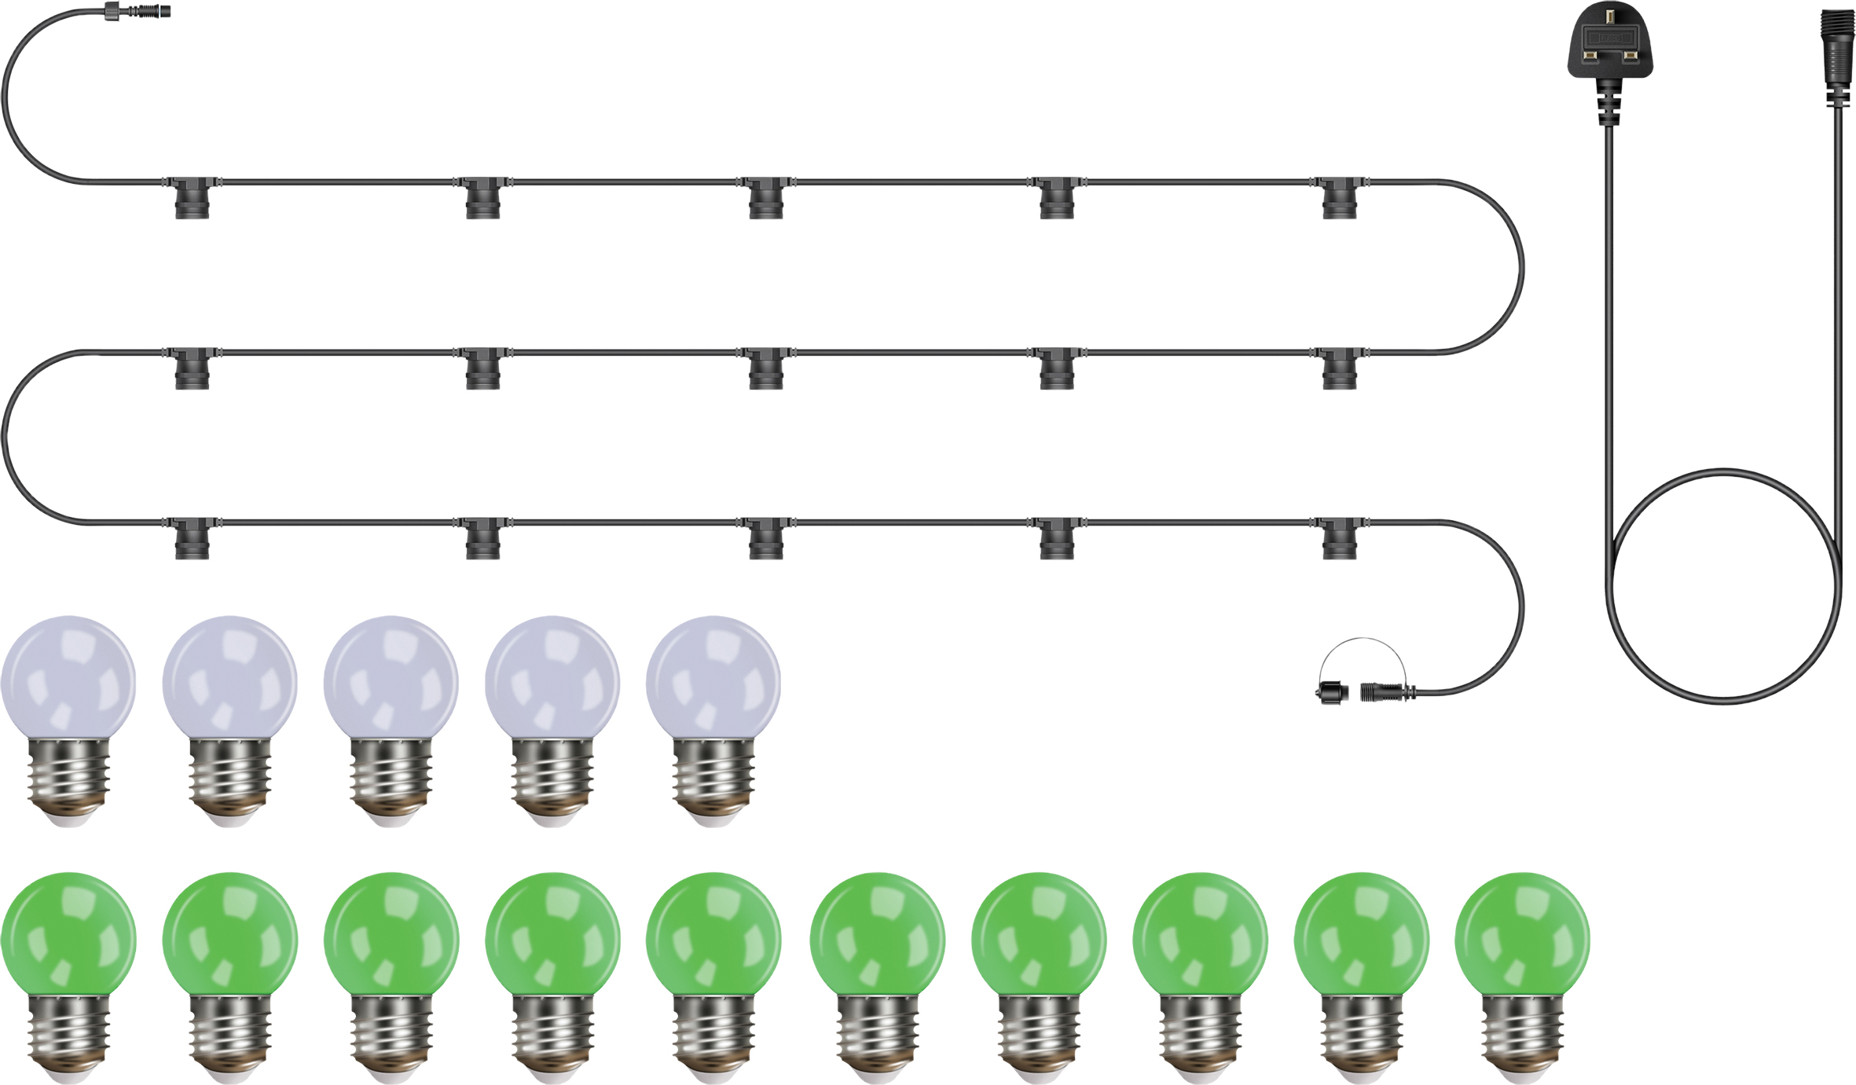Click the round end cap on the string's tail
click(x=1332, y=693)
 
